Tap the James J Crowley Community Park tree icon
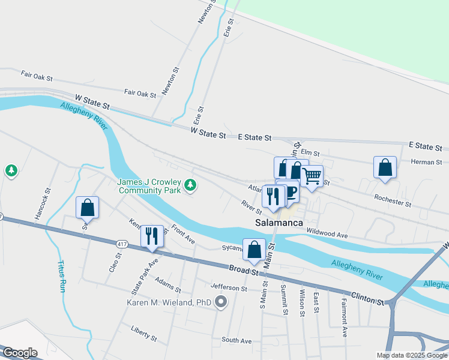[x=190, y=185]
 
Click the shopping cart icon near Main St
[x=312, y=176]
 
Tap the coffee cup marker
[x=291, y=191]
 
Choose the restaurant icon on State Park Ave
[x=152, y=235]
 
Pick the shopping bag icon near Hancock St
[x=88, y=208]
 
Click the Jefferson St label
[x=229, y=289]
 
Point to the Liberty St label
[x=143, y=334]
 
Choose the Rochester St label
[x=392, y=200]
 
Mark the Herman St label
[x=426, y=162]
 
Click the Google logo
[x=20, y=353]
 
